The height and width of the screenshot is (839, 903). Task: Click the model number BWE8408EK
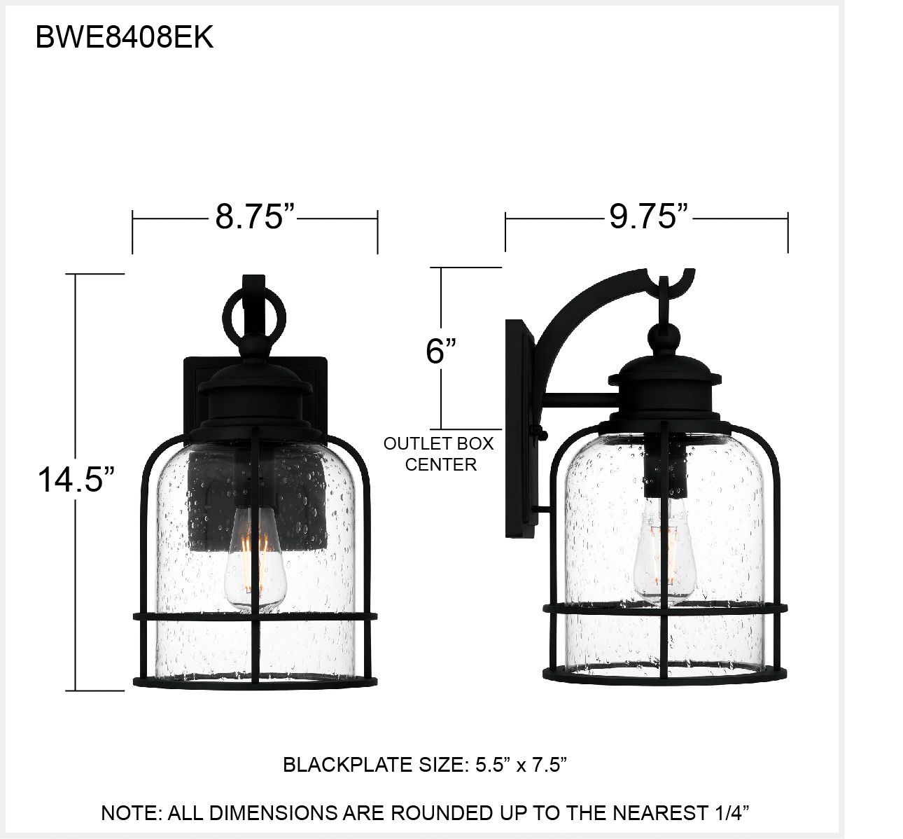[x=124, y=39]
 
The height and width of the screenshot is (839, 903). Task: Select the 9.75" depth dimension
[x=649, y=217]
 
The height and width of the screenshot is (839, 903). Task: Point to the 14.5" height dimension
[x=76, y=480]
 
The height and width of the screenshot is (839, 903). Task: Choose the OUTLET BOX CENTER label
[x=439, y=454]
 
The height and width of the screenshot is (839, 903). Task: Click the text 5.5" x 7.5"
[x=519, y=765]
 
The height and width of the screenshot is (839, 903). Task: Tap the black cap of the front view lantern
[x=253, y=392]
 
